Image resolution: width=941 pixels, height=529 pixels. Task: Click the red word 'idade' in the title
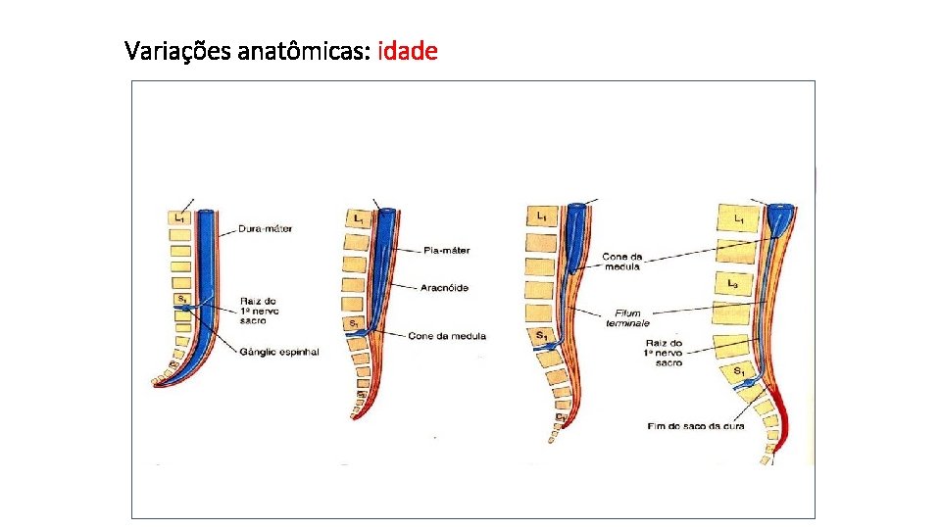(407, 50)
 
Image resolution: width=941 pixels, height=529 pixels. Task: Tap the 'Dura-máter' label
(265, 229)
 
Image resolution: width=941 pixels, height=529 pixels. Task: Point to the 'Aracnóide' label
(445, 286)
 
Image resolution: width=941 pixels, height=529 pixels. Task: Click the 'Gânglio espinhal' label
(277, 351)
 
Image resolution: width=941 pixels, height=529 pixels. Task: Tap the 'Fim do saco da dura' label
(695, 425)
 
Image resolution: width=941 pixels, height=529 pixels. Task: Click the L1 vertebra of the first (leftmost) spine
(179, 217)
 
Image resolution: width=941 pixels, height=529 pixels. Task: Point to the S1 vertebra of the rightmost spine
(738, 371)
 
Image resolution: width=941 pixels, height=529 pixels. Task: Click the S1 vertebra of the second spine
(354, 323)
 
